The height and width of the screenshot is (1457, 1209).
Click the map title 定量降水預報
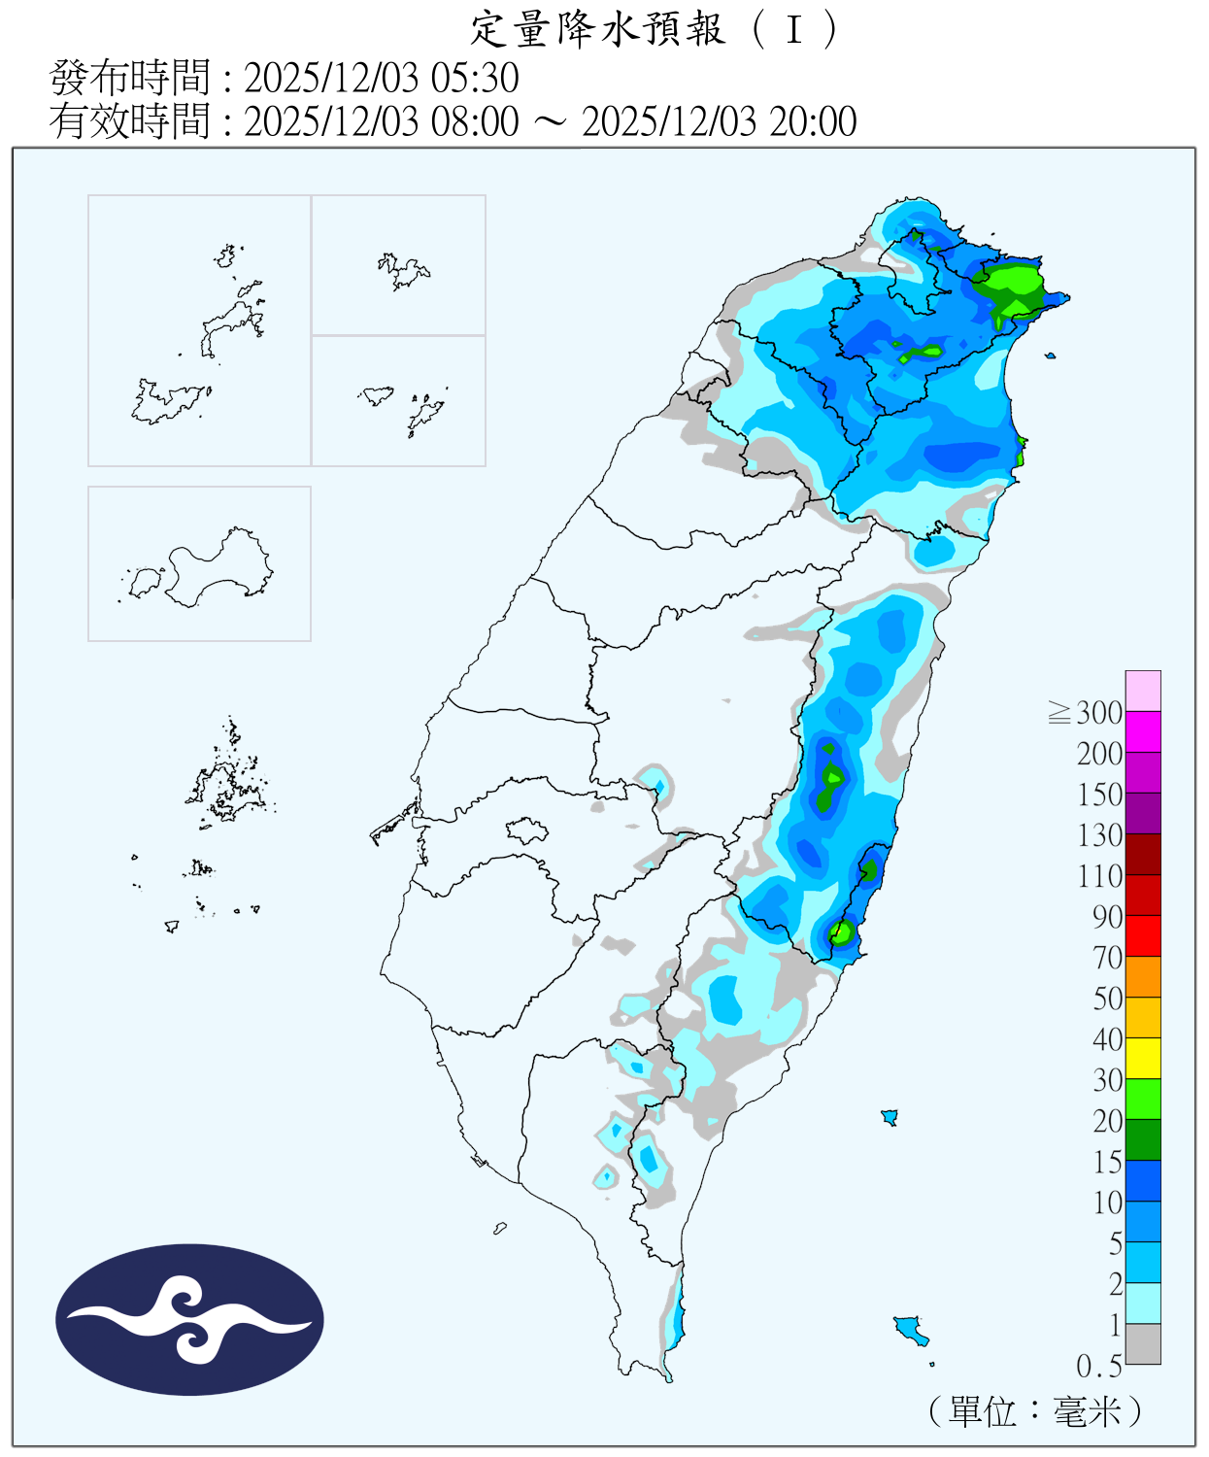click(x=598, y=29)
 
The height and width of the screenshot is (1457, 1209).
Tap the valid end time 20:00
click(x=813, y=122)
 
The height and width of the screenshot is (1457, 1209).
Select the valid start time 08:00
click(x=475, y=122)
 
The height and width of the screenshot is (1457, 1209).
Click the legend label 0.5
click(x=1098, y=1367)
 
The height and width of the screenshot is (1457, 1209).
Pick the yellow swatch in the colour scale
click(x=1143, y=1058)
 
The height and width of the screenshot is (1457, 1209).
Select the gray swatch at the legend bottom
click(x=1143, y=1343)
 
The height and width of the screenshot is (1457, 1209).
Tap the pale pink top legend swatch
click(x=1143, y=691)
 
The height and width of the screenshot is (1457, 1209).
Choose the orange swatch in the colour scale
click(x=1143, y=976)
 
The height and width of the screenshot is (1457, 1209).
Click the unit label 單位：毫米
click(x=1035, y=1411)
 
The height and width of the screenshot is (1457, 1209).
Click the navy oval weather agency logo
click(x=189, y=1319)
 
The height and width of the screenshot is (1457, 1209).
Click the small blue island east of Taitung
click(x=889, y=1117)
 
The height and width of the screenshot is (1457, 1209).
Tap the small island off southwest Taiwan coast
click(x=500, y=1229)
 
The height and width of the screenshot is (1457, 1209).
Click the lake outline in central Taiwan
click(x=526, y=830)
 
